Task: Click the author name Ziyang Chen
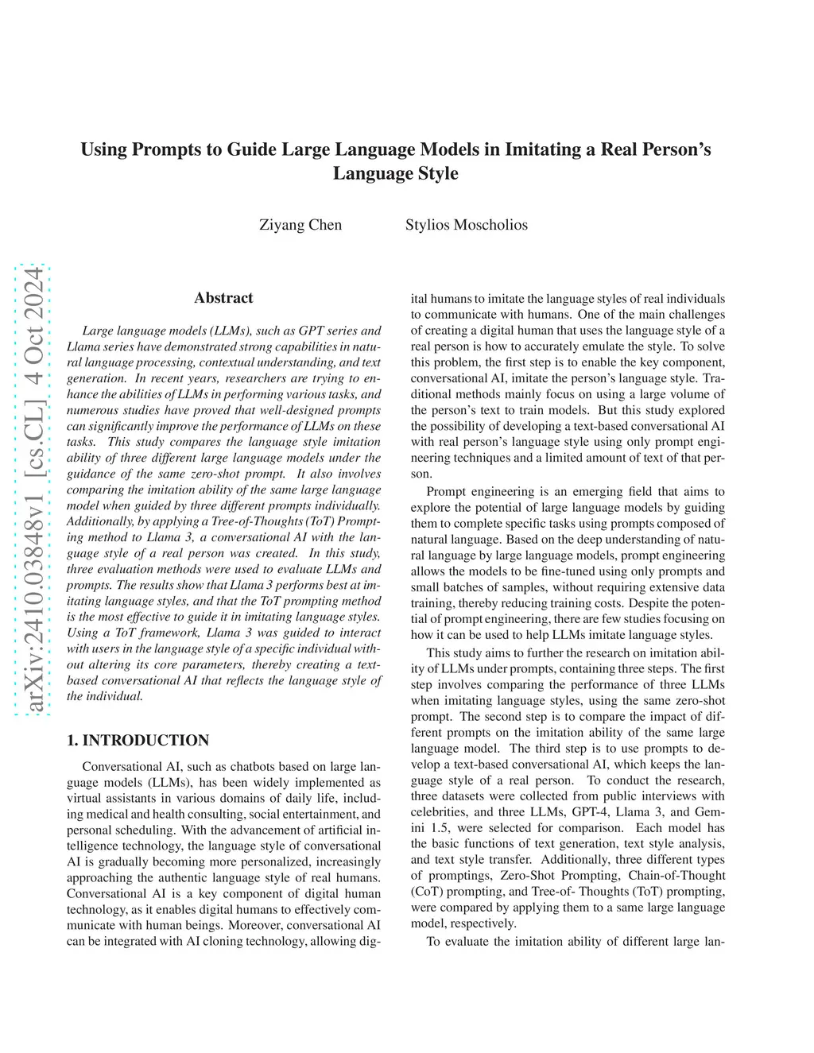(x=300, y=225)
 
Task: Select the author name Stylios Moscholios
(x=466, y=225)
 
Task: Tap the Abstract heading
(x=223, y=298)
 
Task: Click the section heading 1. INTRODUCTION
(x=138, y=741)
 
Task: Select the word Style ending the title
(x=436, y=173)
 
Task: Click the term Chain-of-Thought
(x=677, y=876)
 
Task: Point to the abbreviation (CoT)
(x=427, y=892)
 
